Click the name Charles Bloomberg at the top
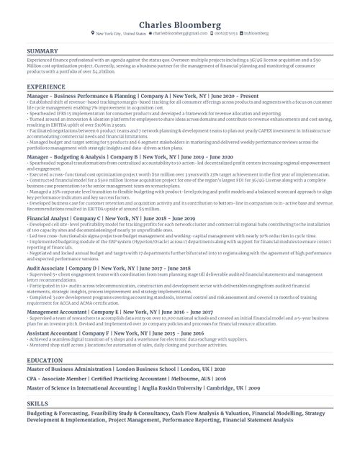click(x=179, y=24)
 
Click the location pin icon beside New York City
click(x=93, y=33)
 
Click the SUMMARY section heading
click(x=42, y=51)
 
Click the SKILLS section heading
click(x=37, y=404)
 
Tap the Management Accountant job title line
click(x=120, y=312)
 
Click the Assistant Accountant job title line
click(x=115, y=334)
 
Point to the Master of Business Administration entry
click(x=126, y=369)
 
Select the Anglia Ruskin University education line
click(x=144, y=388)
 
